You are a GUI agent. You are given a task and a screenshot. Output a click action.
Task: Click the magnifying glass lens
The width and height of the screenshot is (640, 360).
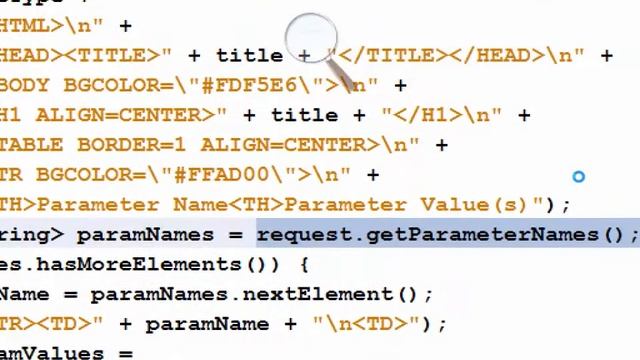[312, 40]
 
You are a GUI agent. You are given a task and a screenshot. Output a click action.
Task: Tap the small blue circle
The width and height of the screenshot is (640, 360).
[578, 177]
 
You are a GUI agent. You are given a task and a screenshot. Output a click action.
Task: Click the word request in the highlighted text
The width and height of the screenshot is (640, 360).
[304, 234]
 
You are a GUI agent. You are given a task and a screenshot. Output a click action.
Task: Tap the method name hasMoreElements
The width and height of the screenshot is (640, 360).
[126, 264]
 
